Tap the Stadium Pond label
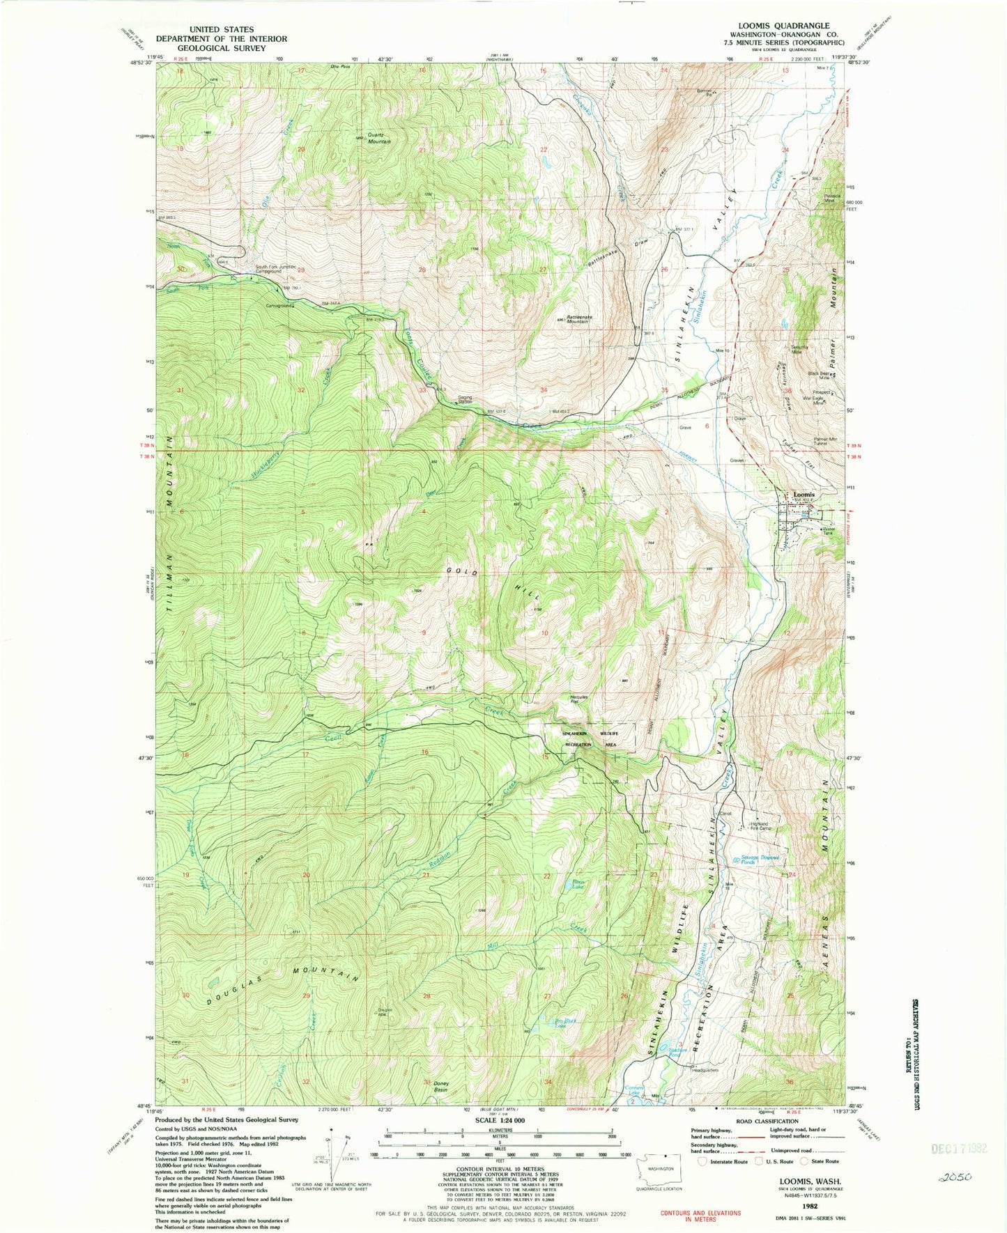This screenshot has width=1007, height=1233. (x=677, y=1053)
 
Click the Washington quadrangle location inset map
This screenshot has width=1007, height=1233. (x=658, y=1161)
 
